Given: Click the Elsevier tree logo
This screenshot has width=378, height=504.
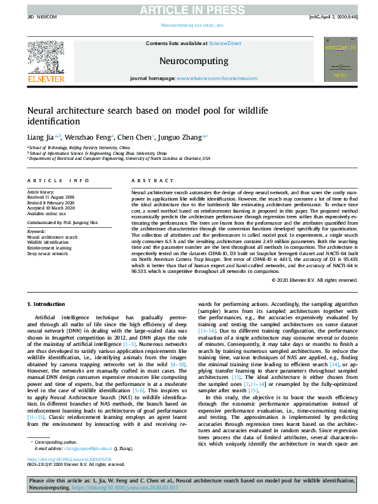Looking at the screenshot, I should coord(46,60).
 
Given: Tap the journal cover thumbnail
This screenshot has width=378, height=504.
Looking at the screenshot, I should coord(336,60).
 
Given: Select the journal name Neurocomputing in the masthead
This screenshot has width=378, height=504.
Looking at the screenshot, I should coord(193,62).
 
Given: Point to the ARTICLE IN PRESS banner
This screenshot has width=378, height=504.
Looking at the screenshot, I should coord(189,8).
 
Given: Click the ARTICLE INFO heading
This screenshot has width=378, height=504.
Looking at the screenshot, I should coord(58,181).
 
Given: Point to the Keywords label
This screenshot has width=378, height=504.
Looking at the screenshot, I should coord(37,232).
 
